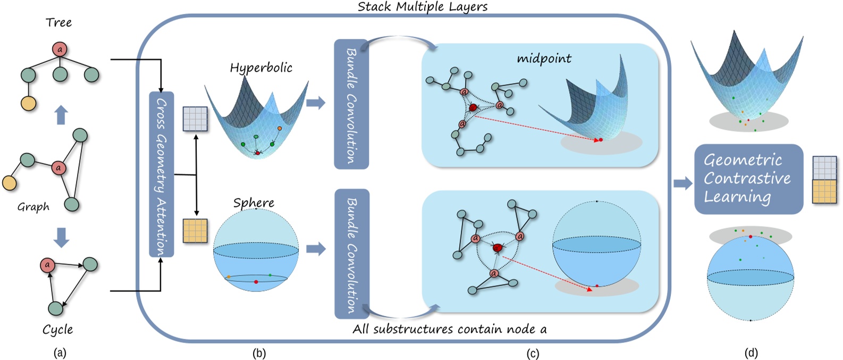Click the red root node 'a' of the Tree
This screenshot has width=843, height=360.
click(x=60, y=50)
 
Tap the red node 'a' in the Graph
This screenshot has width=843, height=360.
click(x=58, y=168)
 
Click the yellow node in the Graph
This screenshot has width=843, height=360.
click(x=9, y=183)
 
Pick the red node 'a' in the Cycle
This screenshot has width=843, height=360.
click(x=47, y=265)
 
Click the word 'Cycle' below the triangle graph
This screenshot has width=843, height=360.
click(x=57, y=330)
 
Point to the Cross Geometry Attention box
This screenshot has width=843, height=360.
click(x=161, y=174)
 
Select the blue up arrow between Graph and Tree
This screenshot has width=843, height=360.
click(x=62, y=114)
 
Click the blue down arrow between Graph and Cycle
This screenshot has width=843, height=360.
click(x=62, y=237)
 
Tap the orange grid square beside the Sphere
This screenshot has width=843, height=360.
click(x=195, y=231)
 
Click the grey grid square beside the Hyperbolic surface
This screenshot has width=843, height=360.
click(x=195, y=119)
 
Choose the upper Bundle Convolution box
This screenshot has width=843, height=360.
click(x=351, y=104)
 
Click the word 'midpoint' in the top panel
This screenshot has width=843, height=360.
click(x=544, y=58)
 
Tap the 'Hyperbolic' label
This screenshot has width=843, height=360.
click(x=260, y=68)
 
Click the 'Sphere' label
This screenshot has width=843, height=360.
click(x=254, y=203)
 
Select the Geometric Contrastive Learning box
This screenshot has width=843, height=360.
click(x=748, y=179)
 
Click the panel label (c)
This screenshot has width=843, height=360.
click(x=532, y=353)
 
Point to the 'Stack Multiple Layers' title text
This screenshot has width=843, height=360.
click(x=422, y=7)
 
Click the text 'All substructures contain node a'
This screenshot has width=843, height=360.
click(x=449, y=329)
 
